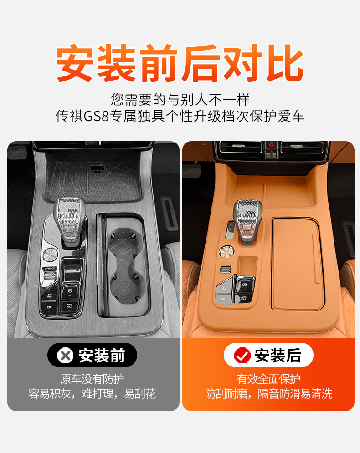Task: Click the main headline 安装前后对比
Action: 180,63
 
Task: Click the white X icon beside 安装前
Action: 65,356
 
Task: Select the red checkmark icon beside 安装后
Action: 242,356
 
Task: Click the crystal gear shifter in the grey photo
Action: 70,221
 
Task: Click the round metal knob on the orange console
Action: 226,251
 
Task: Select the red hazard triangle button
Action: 271,144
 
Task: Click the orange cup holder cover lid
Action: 297,264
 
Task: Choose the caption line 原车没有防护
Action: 92,379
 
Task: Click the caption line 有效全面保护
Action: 268,379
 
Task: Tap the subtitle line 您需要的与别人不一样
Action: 180,99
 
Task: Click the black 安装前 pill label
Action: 92,356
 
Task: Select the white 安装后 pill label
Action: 268,356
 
